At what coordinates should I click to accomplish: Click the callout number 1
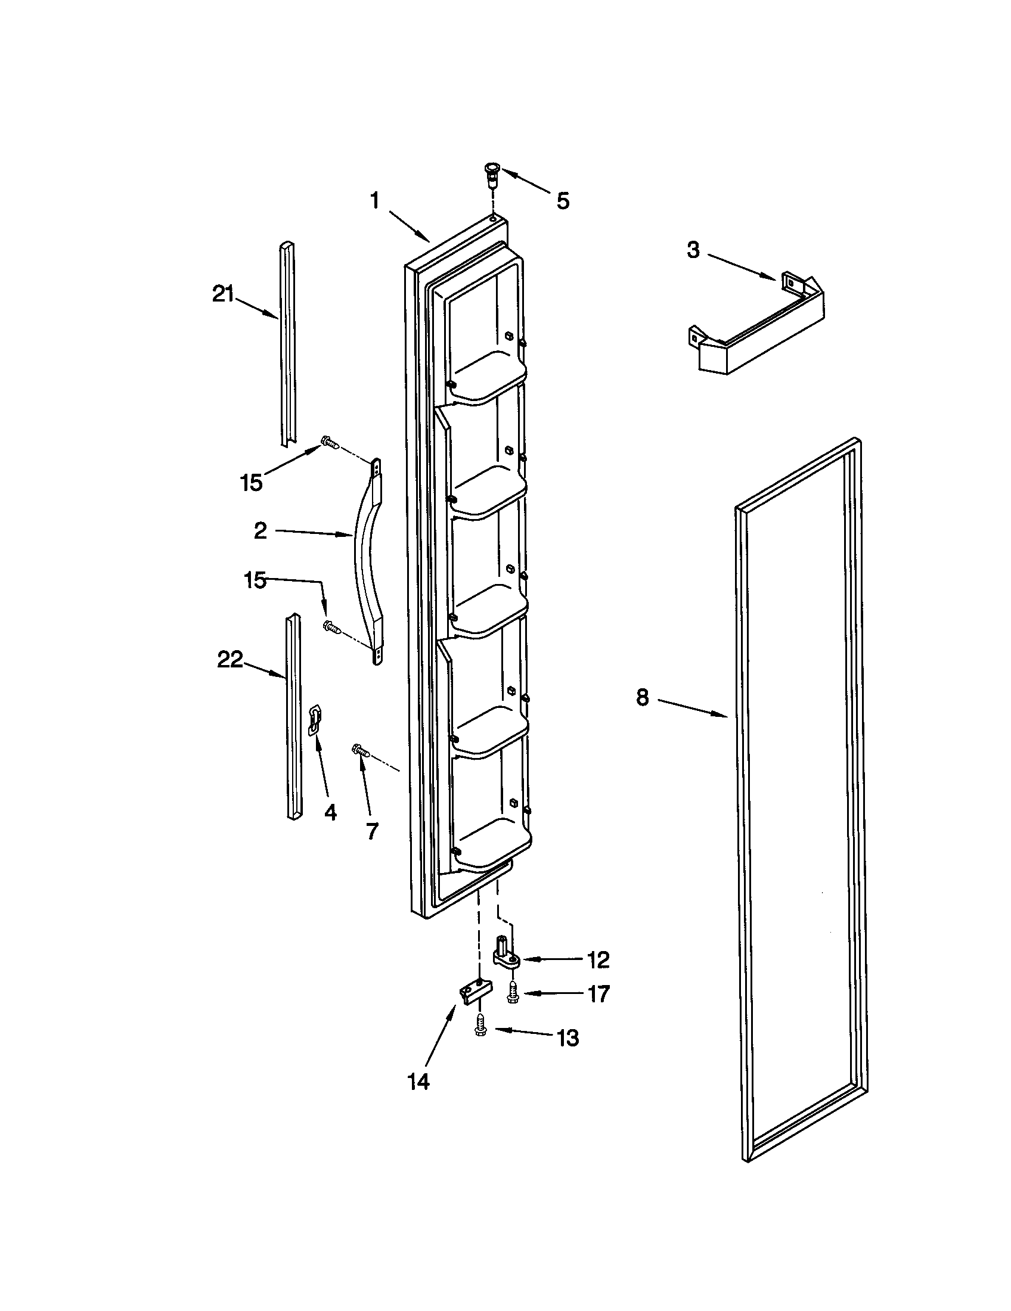click(x=374, y=200)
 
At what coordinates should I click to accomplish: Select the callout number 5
click(x=562, y=201)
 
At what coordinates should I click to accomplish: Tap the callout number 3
click(x=693, y=250)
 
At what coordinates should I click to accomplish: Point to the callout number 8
click(x=643, y=697)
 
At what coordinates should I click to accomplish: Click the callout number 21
click(x=223, y=295)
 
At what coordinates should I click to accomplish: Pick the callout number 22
click(x=230, y=660)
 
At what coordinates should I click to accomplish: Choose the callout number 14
click(x=418, y=1082)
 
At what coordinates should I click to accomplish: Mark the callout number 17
click(x=598, y=994)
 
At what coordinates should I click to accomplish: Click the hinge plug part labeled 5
click(x=492, y=174)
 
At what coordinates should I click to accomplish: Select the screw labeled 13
click(x=480, y=1024)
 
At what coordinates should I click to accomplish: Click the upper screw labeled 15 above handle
click(x=330, y=443)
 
